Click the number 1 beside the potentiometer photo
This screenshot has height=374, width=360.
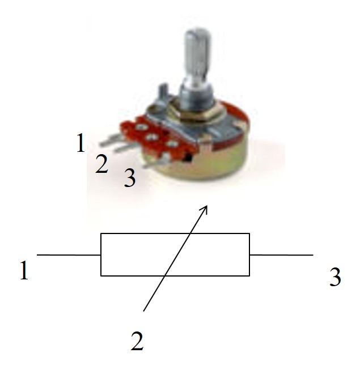click(x=81, y=143)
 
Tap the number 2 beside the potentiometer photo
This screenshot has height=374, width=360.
click(x=102, y=164)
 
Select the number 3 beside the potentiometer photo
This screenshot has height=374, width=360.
click(x=130, y=178)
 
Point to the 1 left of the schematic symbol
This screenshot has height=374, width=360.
click(x=24, y=270)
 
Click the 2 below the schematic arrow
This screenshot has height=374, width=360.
click(x=137, y=341)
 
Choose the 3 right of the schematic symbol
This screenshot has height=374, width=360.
click(x=335, y=277)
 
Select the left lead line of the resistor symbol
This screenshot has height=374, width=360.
click(x=69, y=255)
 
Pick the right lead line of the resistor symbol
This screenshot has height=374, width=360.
click(x=281, y=255)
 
